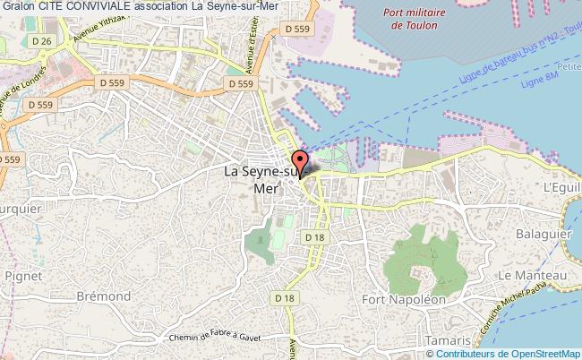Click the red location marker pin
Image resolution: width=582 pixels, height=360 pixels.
point(299,163)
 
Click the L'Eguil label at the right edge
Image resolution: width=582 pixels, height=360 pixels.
point(561,186)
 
